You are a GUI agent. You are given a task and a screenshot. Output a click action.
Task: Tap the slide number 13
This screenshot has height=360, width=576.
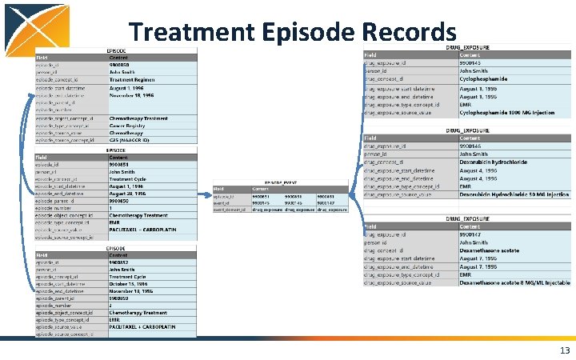tap(565, 350)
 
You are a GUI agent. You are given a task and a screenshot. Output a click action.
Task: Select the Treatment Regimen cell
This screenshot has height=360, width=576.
tap(133, 79)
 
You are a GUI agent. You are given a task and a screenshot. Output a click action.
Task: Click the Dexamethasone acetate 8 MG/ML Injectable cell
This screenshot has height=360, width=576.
tap(514, 282)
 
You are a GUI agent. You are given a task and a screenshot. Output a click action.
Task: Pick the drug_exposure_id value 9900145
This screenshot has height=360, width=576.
tap(471, 62)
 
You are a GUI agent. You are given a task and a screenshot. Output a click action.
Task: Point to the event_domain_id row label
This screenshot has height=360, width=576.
tap(229, 210)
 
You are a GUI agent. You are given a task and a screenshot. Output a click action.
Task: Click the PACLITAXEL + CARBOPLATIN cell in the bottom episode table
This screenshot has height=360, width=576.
tap(140, 327)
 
